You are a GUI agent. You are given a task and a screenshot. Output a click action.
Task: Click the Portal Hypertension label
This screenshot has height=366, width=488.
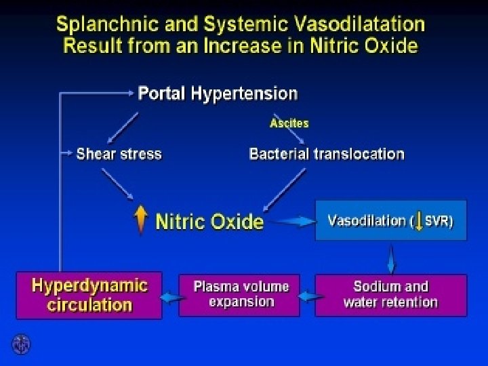218,93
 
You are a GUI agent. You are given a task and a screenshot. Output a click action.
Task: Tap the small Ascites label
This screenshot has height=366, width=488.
289,123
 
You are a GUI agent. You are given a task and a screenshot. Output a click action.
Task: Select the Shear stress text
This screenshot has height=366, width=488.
119,154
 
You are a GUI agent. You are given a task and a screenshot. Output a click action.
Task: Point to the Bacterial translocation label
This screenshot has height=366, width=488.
327,154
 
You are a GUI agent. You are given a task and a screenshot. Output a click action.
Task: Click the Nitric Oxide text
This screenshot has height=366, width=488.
209,222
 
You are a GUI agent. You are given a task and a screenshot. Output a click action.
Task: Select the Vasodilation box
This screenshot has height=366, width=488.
390,220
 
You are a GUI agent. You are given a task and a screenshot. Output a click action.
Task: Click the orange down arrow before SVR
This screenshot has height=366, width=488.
418,221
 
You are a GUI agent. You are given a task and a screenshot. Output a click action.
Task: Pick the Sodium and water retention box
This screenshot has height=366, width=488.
390,295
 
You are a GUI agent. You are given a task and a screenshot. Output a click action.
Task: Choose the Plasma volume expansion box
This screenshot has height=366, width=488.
241,294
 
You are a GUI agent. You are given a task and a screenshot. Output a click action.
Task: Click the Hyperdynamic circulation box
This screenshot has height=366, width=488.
89,295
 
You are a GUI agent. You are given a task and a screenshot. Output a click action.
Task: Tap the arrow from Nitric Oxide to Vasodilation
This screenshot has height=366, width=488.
291,221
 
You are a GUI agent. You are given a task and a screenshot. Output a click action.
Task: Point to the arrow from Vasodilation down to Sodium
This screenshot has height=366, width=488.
392,258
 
